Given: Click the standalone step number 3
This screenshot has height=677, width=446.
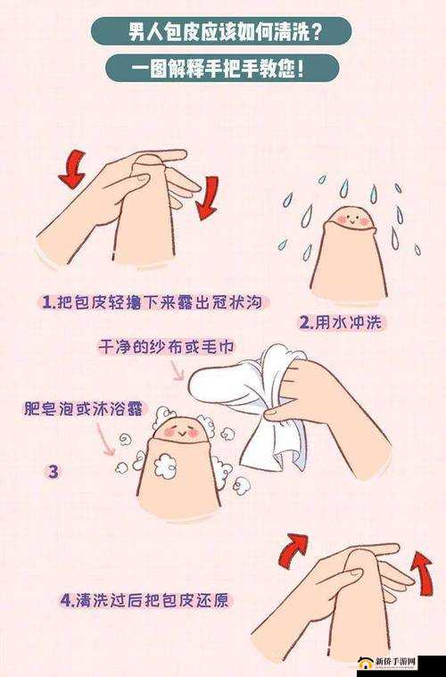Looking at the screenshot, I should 53,472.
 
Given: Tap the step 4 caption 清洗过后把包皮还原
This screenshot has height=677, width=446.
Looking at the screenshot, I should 146,599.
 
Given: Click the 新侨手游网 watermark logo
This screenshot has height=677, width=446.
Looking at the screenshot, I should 393,662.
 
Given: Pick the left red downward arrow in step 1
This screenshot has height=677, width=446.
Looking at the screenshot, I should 72,169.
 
